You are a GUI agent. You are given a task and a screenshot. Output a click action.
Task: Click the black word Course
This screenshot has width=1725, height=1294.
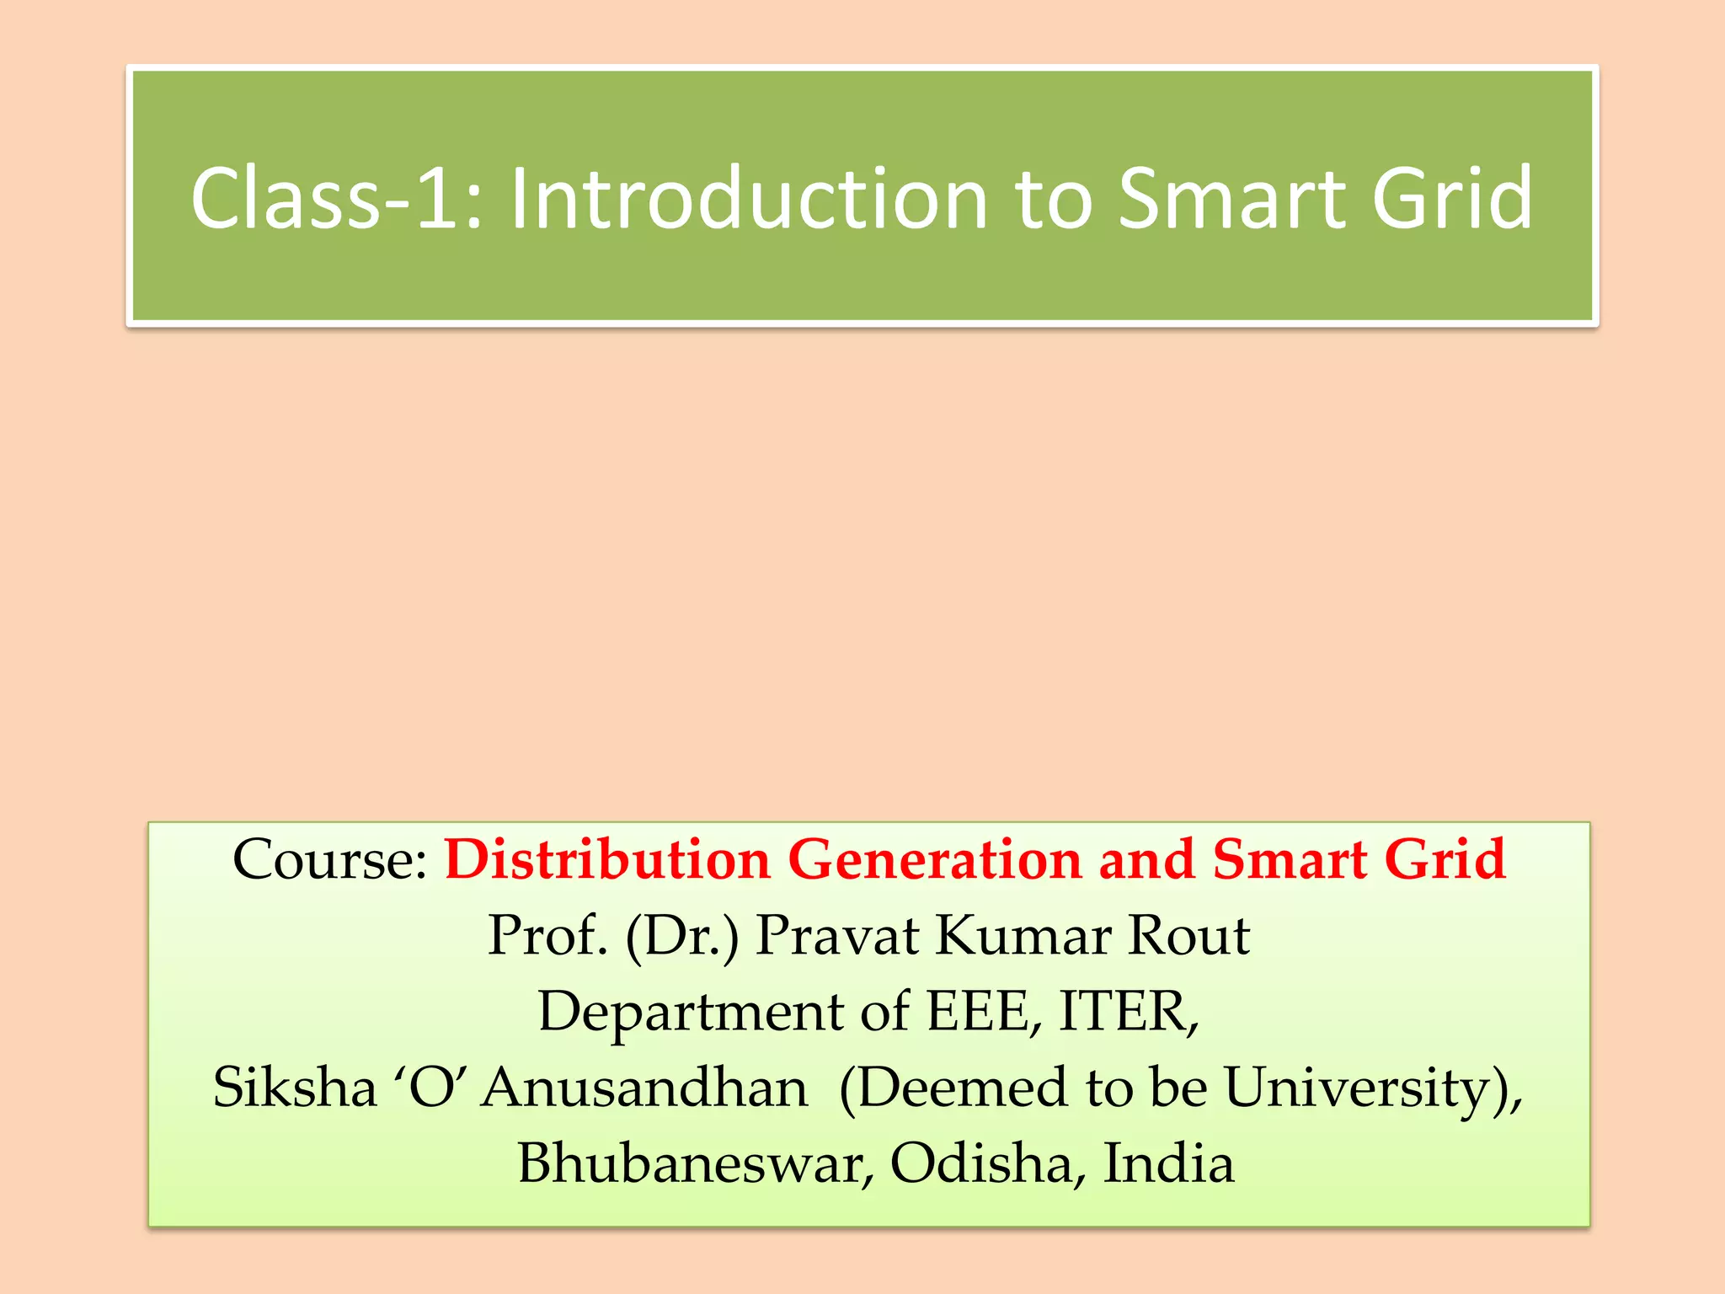(x=329, y=860)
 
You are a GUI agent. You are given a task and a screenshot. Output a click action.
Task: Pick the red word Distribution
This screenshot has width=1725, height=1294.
(x=607, y=860)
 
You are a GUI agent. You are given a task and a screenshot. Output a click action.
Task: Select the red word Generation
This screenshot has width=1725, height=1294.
(x=934, y=860)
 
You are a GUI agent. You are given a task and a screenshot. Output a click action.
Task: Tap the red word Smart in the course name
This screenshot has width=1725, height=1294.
(x=1290, y=860)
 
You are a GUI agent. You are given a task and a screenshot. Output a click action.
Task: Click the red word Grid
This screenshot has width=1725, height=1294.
(x=1445, y=860)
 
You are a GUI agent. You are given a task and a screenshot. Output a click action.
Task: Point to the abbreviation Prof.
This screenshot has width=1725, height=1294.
(x=547, y=936)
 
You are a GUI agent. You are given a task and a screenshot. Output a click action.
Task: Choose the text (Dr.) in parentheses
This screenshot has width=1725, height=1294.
(x=681, y=937)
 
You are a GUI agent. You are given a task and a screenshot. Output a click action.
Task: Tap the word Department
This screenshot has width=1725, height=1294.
(x=691, y=1013)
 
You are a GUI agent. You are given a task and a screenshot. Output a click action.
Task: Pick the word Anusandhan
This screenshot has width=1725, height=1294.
(x=645, y=1088)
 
